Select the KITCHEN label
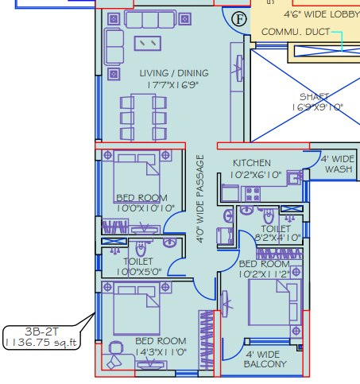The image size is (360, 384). (251, 163)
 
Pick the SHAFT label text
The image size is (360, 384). (315, 96)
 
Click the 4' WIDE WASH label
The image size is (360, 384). (337, 163)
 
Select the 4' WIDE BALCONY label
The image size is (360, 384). (265, 359)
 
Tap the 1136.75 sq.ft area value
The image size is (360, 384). (41, 343)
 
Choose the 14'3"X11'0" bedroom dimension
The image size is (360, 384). (161, 351)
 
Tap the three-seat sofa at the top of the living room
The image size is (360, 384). (153, 19)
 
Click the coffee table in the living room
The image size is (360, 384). (149, 42)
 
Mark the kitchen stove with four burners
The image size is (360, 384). (254, 192)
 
